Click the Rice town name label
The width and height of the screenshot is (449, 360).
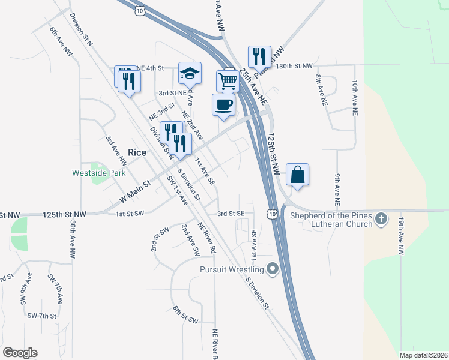[137, 152]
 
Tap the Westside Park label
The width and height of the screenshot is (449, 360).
[99, 173]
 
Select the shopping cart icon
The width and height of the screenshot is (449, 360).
[228, 81]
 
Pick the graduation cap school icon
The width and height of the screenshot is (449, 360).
[190, 73]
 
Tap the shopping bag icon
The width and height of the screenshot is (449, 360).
[298, 175]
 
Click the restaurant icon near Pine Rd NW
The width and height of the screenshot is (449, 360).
[259, 56]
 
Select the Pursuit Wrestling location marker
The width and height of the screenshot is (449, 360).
[273, 269]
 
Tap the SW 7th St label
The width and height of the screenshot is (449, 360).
[41, 316]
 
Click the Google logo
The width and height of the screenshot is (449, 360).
[20, 352]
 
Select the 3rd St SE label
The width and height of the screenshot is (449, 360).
[231, 213]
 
